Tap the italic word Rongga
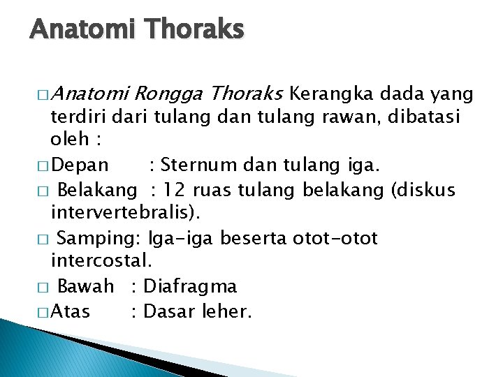[x=169, y=94]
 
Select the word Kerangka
[x=328, y=94]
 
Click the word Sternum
[x=200, y=165]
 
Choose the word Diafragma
[x=189, y=286]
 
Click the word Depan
[x=80, y=165]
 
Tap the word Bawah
[x=85, y=286]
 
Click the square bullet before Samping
[x=42, y=239]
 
